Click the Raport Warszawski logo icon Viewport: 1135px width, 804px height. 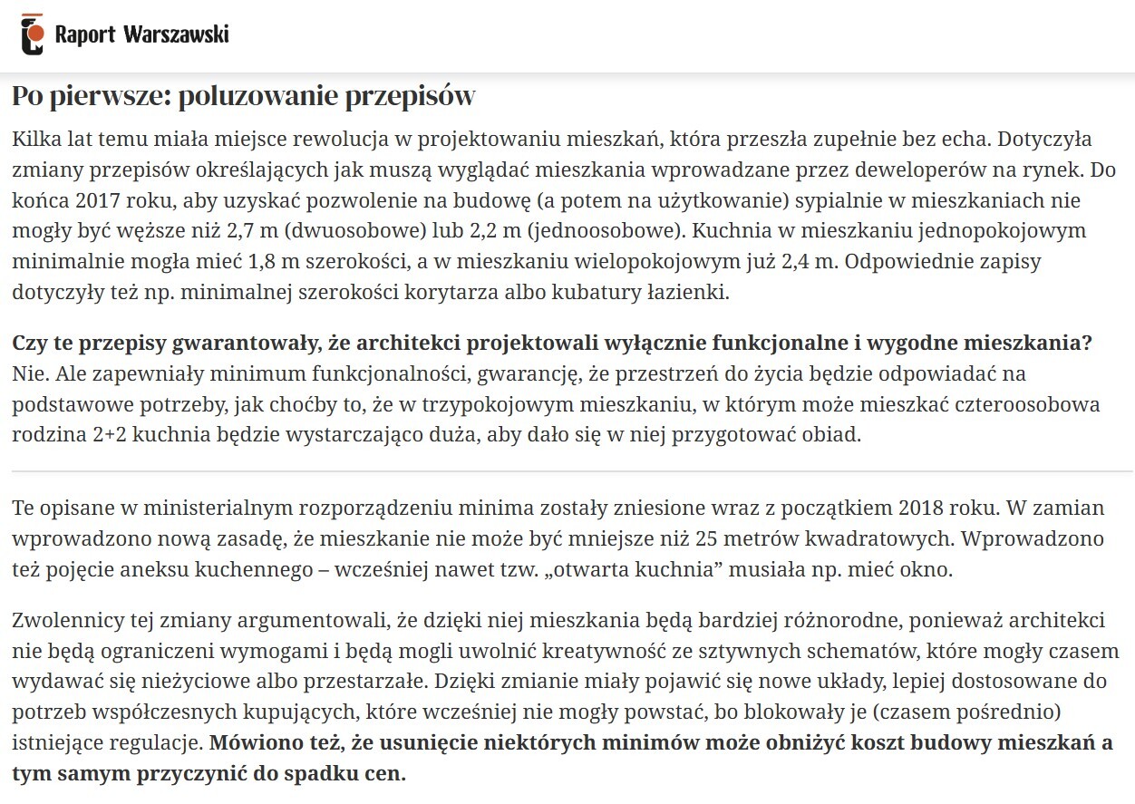point(33,34)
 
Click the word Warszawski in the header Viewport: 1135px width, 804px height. point(175,34)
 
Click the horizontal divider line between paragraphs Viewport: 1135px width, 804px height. point(572,472)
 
